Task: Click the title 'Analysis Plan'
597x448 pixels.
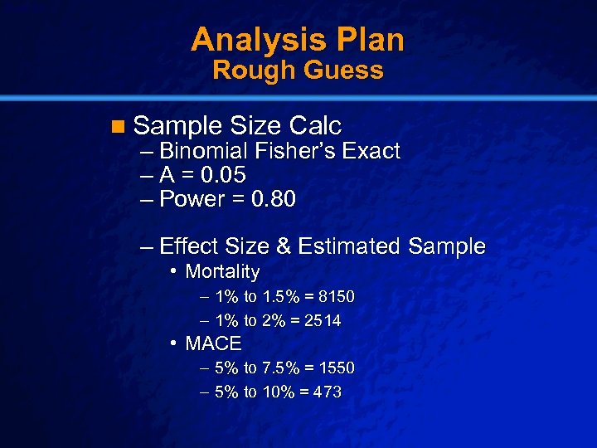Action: coord(298,39)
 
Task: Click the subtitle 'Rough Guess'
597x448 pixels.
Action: coord(298,71)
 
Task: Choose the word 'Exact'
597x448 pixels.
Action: coord(373,152)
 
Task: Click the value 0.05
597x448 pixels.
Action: coord(217,176)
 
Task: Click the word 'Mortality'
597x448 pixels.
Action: coord(222,272)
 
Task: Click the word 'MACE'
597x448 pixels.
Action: coord(213,343)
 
